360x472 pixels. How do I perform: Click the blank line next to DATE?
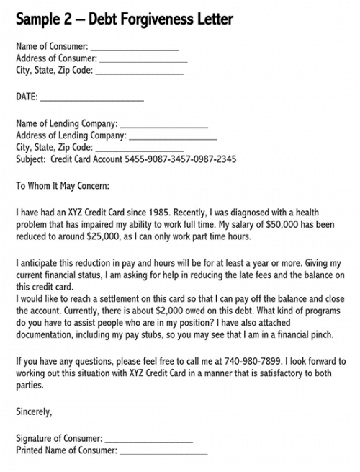91,97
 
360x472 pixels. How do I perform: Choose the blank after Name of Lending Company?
163,125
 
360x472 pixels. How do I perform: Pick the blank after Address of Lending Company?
173,136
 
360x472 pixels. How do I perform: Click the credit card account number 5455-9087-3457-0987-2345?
181,159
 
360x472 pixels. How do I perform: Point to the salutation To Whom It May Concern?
63,185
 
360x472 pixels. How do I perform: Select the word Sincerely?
34,411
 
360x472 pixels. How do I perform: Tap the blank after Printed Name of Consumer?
163,451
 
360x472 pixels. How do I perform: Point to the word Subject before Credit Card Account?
30,159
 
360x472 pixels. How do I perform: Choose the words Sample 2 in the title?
43,17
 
